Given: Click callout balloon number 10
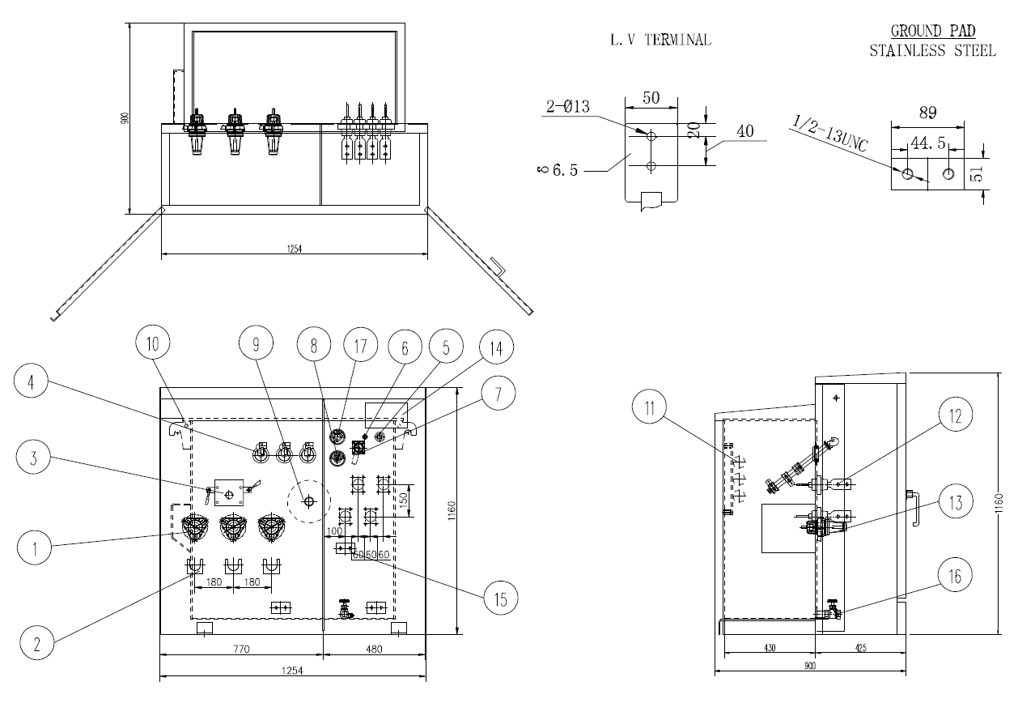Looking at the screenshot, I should pyautogui.click(x=153, y=343).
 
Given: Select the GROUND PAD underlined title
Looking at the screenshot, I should pyautogui.click(x=932, y=31).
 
